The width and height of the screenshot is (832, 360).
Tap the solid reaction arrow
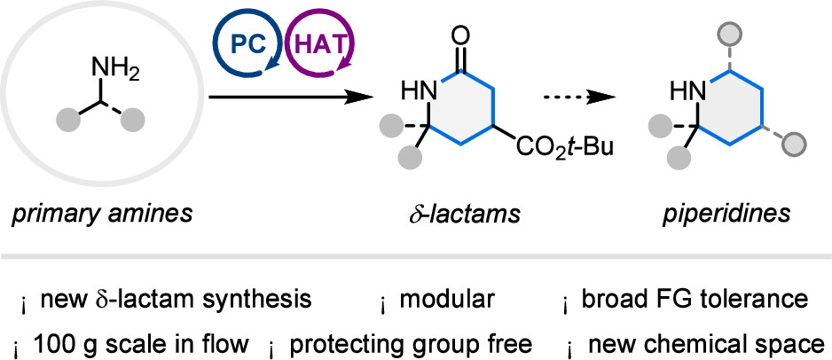tap(288, 97)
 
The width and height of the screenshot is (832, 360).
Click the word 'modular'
tap(447, 300)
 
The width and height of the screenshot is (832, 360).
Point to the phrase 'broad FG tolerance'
tap(695, 300)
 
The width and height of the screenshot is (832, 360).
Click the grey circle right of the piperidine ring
tap(794, 142)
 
